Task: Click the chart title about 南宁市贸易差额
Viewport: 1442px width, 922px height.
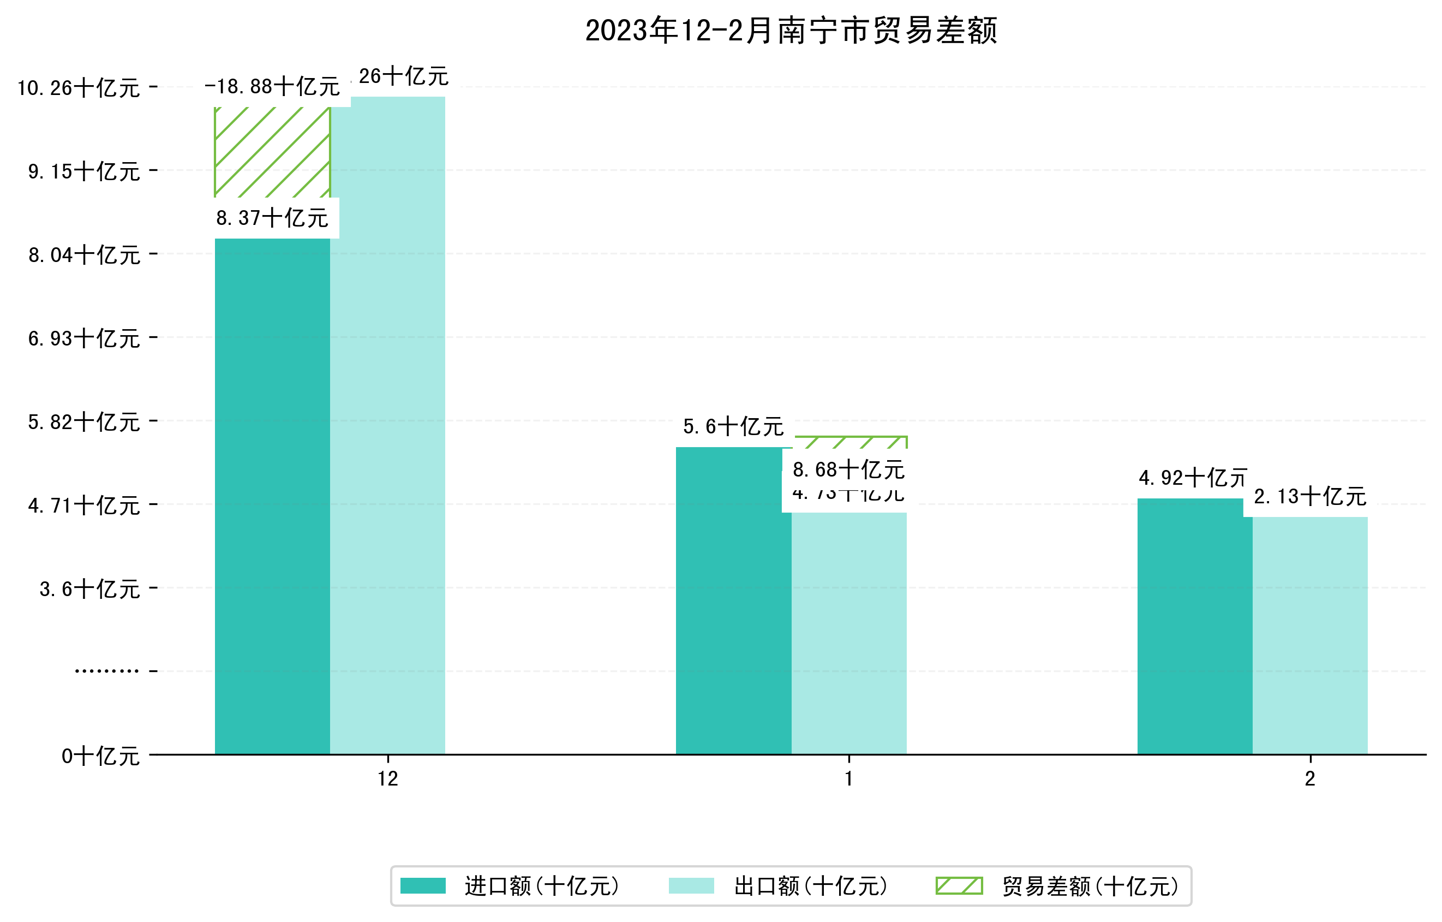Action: [791, 31]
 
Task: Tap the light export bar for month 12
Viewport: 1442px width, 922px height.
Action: [387, 425]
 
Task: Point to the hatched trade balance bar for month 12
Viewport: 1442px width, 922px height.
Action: [272, 152]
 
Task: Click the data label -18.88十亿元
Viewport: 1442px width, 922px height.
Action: [272, 87]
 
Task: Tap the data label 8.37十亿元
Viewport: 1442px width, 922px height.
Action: [272, 218]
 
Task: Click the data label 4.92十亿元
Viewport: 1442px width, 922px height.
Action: [1192, 478]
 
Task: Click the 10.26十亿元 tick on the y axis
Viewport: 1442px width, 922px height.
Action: [79, 88]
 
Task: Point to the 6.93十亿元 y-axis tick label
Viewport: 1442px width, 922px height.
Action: [84, 338]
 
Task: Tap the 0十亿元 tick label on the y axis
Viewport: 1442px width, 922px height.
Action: [100, 756]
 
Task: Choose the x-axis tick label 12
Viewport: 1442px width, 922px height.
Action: [387, 779]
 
